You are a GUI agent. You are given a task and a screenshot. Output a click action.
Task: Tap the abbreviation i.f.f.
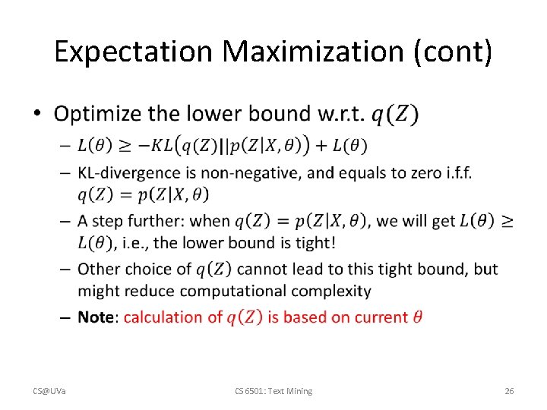(454, 172)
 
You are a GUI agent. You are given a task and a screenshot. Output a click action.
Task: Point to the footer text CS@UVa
(49, 391)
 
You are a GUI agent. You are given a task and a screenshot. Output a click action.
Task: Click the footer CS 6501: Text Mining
(273, 391)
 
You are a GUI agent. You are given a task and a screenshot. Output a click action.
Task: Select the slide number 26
(509, 391)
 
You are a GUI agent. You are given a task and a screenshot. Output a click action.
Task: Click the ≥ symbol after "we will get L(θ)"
(507, 221)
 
